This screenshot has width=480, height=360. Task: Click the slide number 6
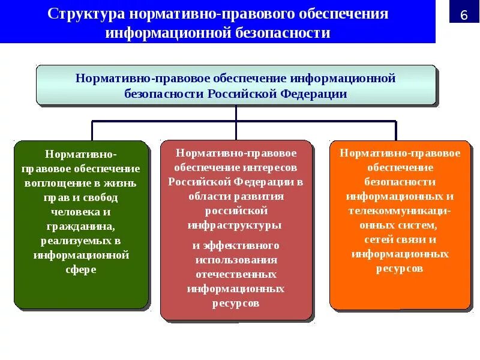(x=463, y=14)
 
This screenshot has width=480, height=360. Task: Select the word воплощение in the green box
(x=52, y=182)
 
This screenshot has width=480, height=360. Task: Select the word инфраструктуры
(x=235, y=226)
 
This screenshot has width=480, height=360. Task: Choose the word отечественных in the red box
(x=235, y=274)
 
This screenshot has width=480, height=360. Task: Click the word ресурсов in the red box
(x=235, y=303)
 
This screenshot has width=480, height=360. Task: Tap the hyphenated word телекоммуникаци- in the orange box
(x=400, y=211)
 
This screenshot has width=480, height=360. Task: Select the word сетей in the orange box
(x=378, y=239)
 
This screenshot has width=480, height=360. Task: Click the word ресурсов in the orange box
(x=400, y=268)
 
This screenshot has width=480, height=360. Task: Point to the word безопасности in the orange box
(x=400, y=182)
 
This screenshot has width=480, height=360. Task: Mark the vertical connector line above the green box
(x=92, y=130)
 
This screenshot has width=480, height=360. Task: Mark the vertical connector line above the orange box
(x=396, y=130)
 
